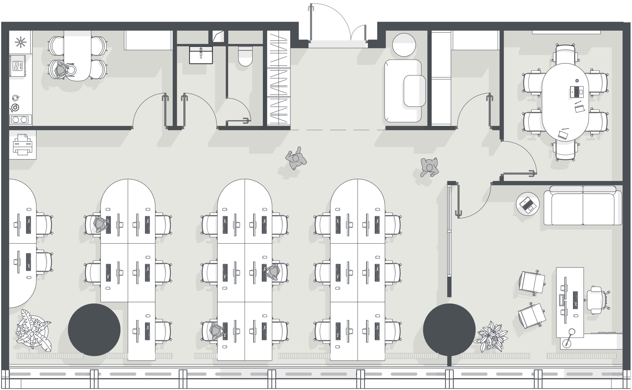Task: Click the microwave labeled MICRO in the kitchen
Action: click(x=18, y=66)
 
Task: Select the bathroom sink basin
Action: click(x=201, y=55)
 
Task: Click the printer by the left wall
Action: click(x=22, y=145)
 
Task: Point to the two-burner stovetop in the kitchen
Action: click(x=20, y=120)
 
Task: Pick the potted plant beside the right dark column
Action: click(x=491, y=336)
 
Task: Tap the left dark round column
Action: click(x=94, y=330)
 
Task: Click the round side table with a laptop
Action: click(x=528, y=204)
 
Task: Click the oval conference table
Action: click(x=565, y=102)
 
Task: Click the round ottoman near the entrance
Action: click(x=404, y=45)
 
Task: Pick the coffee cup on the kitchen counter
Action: click(x=15, y=98)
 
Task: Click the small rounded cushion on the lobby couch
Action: click(x=415, y=91)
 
